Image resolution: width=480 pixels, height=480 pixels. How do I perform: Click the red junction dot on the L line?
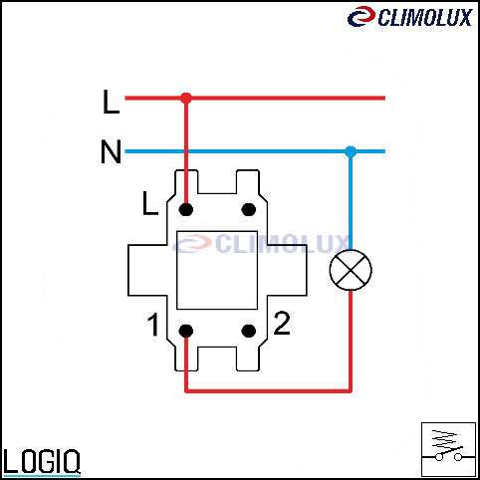tap(186, 98)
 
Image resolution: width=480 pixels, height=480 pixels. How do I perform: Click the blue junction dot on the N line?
tap(351, 151)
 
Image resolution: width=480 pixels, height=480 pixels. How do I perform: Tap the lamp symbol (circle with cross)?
tap(351, 270)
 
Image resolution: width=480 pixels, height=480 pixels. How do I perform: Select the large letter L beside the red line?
tap(111, 102)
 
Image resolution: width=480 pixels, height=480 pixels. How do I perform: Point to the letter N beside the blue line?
tap(111, 151)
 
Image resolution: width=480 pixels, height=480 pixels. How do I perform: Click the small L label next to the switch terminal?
tap(150, 203)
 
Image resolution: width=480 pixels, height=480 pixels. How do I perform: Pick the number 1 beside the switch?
tap(153, 325)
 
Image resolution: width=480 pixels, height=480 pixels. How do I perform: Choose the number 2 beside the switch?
tap(282, 323)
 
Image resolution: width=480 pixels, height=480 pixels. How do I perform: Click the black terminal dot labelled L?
tap(186, 209)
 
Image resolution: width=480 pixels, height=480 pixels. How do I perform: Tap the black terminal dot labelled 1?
tap(186, 331)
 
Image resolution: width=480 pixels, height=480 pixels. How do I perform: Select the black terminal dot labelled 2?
tap(249, 331)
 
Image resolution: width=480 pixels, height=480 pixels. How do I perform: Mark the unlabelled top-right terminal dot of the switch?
tap(249, 209)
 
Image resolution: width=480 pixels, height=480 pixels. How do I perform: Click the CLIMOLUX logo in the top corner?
tap(410, 17)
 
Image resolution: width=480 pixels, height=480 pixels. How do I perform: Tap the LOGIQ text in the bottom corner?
tap(42, 461)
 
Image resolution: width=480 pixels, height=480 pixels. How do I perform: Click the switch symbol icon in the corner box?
tap(448, 449)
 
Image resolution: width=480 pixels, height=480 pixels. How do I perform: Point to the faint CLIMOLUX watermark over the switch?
tap(261, 244)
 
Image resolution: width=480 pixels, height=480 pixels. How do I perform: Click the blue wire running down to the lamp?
tap(351, 200)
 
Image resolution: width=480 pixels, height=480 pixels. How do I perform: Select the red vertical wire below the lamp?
tap(351, 341)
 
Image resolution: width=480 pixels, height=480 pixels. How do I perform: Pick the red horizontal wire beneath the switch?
tap(268, 391)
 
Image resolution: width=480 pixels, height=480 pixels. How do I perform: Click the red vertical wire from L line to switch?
tap(186, 153)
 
